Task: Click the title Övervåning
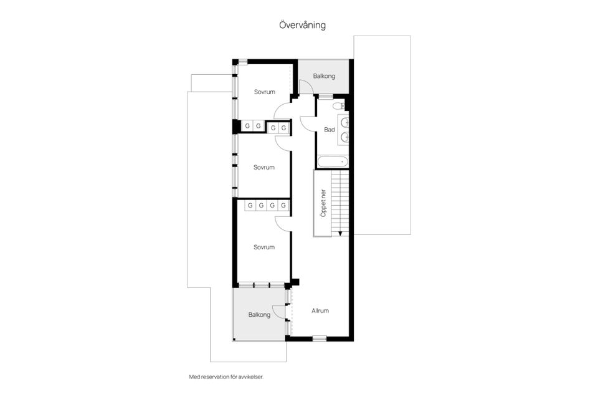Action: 302,25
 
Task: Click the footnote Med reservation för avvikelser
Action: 226,377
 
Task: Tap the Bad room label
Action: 329,130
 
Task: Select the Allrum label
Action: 320,311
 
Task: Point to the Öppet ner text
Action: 323,203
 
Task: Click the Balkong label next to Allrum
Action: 259,315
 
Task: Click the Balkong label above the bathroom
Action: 324,76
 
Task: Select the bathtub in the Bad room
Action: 333,162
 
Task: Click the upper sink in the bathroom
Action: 344,123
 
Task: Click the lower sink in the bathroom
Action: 344,137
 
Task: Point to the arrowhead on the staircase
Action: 340,233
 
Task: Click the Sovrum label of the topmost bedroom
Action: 265,92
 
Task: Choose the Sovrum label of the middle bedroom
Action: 264,167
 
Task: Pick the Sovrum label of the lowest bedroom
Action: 264,248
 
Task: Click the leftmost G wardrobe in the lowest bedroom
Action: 250,205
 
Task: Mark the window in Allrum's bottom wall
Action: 319,339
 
